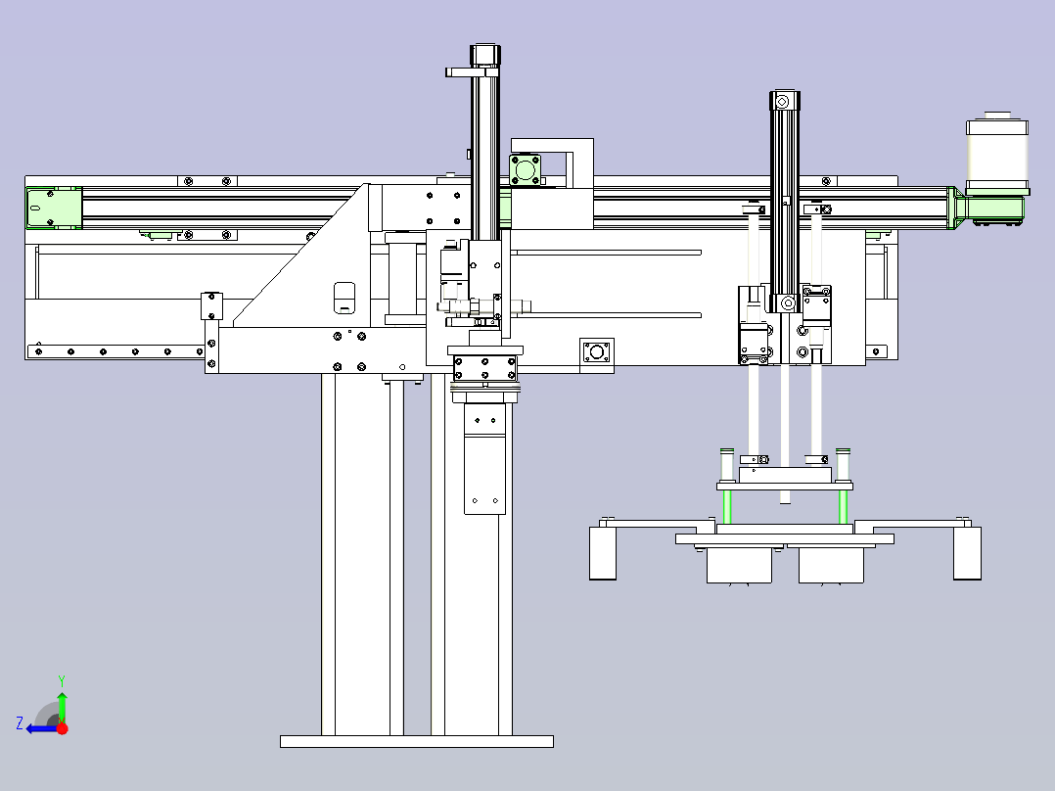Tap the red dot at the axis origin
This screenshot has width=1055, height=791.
[62, 728]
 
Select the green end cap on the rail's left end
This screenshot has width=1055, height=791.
[54, 208]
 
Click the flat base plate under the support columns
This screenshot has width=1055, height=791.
[417, 741]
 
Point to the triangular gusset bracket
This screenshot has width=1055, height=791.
[299, 256]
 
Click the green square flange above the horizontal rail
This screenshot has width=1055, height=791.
[525, 169]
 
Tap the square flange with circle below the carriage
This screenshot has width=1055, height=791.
[597, 352]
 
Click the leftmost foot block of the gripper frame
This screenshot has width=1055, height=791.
[603, 553]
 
